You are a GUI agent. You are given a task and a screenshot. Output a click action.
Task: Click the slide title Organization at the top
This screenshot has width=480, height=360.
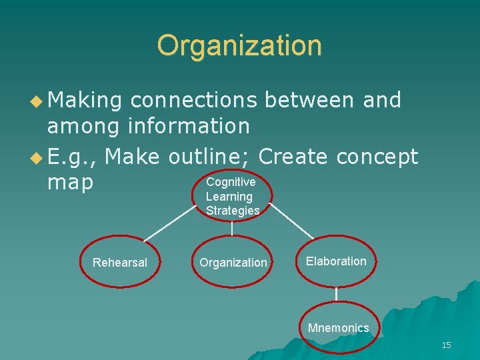239,45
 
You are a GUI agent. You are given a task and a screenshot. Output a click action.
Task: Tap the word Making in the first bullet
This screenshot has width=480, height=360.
85,101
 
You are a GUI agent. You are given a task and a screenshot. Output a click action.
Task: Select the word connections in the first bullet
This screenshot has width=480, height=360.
193,101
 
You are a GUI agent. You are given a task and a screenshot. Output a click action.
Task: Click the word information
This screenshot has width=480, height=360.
188,125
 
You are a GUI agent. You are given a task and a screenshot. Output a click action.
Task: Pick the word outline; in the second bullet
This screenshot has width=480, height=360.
209,157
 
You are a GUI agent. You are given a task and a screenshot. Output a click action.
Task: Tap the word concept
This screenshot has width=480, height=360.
377,157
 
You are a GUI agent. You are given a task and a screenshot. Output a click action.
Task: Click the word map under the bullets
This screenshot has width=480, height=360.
71,182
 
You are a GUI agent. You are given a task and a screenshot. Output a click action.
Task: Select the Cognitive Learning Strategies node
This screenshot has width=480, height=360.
231,196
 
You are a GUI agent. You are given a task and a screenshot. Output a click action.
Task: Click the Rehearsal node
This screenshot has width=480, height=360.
120,263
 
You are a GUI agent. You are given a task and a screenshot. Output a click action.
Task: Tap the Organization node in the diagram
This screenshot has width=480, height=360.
233,263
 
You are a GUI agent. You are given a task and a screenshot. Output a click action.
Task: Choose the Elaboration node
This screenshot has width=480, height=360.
336,261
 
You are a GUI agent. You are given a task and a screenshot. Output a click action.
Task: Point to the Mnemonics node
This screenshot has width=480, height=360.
338,328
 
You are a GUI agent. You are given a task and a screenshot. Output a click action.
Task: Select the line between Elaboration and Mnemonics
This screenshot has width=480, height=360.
337,294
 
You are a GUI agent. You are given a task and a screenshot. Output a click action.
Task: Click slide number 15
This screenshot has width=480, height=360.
447,345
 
